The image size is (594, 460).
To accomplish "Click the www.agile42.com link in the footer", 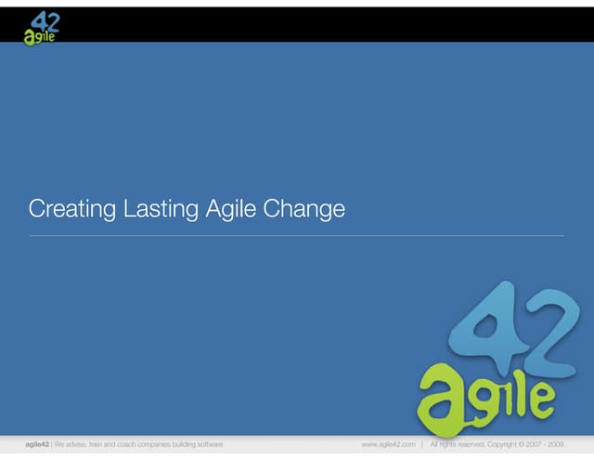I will (x=388, y=445).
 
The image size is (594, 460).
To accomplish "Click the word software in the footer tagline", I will (x=207, y=445).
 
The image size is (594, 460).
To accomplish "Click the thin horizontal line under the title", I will (x=297, y=236).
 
